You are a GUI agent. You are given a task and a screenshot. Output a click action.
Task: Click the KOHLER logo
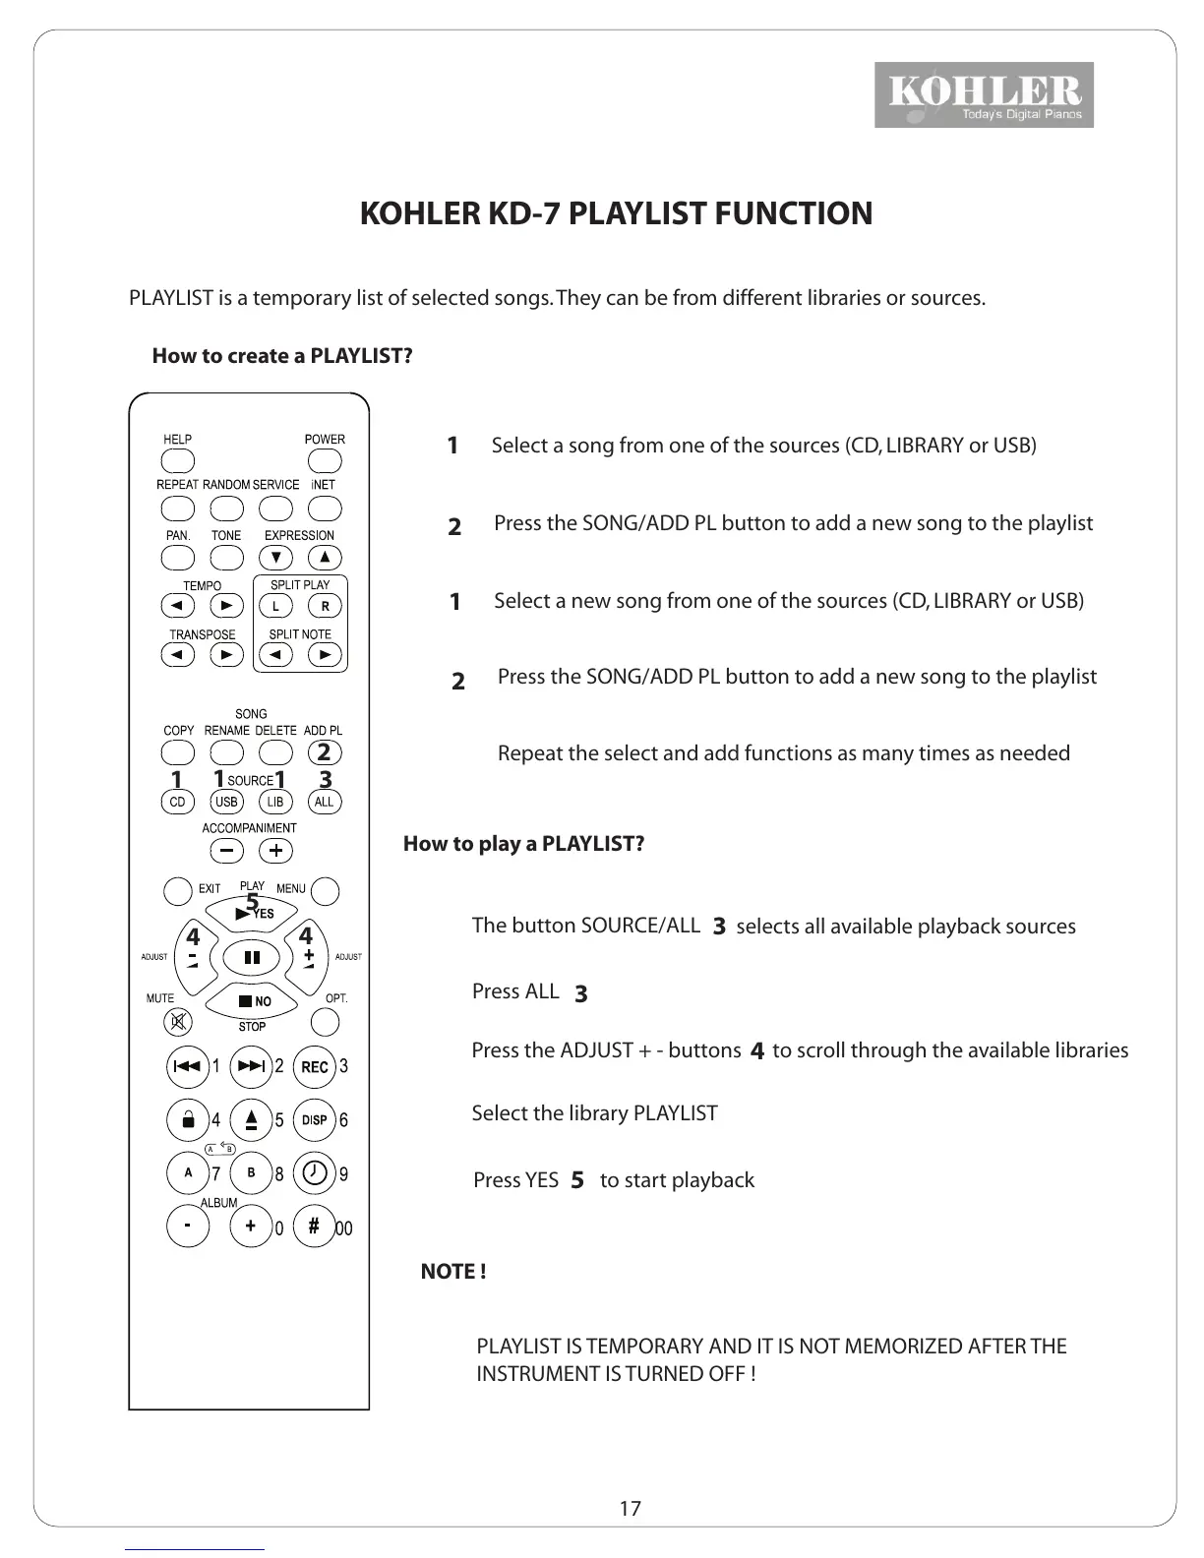[984, 95]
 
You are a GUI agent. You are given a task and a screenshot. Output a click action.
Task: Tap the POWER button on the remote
[324, 461]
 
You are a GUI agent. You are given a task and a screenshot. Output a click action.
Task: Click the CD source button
[177, 802]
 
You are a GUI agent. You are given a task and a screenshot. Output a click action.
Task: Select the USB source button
[226, 802]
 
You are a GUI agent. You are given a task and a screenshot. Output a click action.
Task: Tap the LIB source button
[275, 802]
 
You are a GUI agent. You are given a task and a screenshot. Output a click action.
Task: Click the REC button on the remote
[315, 1067]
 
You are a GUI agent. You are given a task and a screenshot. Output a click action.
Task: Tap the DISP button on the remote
[315, 1120]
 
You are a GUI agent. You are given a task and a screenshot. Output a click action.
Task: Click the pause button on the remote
[252, 957]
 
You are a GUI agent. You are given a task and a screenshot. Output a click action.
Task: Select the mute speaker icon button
[178, 1023]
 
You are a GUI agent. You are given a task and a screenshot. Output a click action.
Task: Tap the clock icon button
[315, 1173]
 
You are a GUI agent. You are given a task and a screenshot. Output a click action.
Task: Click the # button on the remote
[315, 1227]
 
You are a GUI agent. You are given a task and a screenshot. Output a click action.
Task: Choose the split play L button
[276, 606]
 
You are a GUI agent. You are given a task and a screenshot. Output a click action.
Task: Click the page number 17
[631, 1509]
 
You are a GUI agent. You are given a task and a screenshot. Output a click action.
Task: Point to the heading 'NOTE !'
[453, 1272]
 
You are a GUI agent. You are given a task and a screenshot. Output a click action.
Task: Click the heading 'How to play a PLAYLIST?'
[523, 844]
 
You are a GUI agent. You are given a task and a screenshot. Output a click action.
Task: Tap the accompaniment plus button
[276, 851]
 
